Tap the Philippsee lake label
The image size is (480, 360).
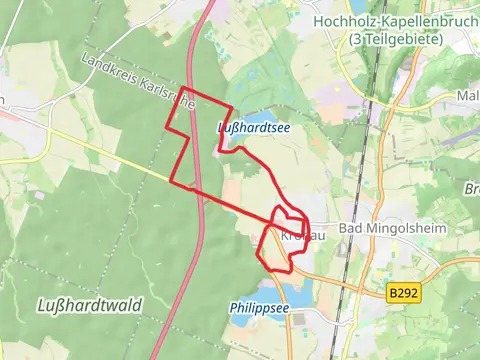tap(259, 308)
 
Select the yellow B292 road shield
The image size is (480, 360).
tap(401, 293)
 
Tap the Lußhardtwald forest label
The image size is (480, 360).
tap(89, 304)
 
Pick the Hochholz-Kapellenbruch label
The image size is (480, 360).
tap(396, 21)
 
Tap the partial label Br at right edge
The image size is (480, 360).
tap(471, 189)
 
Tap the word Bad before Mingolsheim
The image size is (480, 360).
tap(351, 230)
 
